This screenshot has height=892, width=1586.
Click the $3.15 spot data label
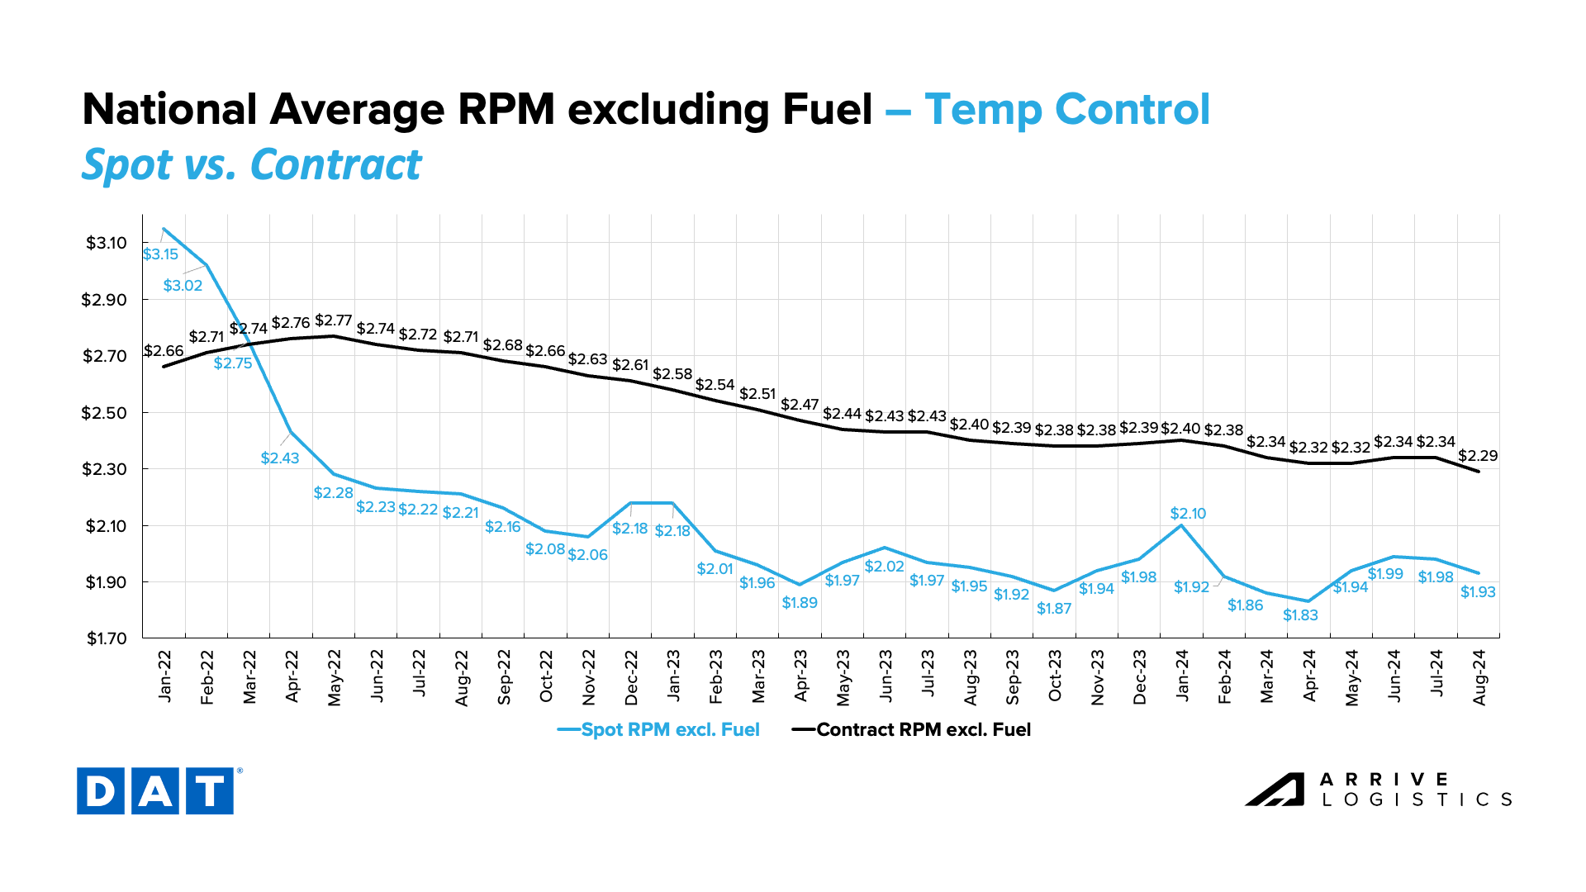point(160,254)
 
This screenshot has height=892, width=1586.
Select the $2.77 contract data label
point(334,320)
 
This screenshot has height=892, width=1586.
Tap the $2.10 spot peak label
point(1188,514)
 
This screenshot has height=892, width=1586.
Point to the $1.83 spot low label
point(1300,615)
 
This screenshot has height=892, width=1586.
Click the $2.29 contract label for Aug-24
point(1478,456)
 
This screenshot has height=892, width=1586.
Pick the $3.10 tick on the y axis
point(107,243)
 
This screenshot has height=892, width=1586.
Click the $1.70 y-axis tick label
point(107,638)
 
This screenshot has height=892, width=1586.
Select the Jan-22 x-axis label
point(165,676)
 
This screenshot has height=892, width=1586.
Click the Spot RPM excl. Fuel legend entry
point(658,730)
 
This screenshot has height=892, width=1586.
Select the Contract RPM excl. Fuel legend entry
point(912,730)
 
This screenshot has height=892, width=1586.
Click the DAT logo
point(155,791)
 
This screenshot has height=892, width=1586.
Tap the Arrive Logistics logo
point(1379,790)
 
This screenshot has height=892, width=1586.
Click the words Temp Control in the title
point(1067,110)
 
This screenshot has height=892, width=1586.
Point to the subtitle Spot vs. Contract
point(252,164)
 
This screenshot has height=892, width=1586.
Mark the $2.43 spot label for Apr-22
point(280,458)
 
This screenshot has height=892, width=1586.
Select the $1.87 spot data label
point(1054,609)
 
